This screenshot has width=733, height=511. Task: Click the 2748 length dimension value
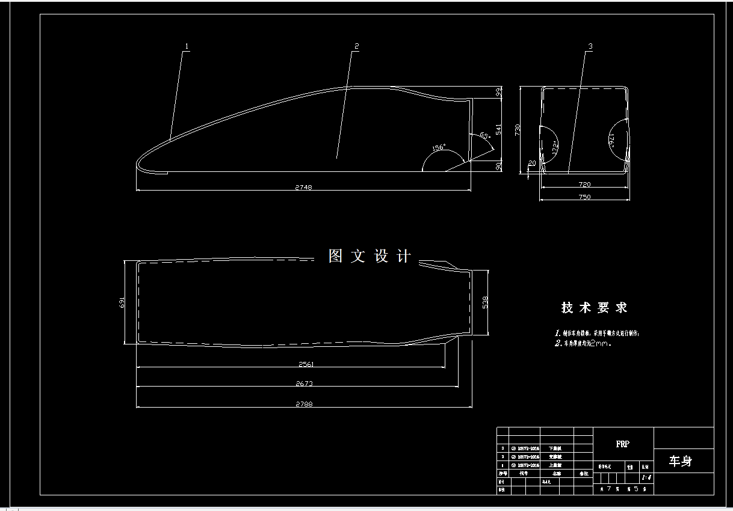click(303, 187)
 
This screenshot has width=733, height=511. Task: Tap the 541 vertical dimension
click(498, 129)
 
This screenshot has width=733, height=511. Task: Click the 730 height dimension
click(517, 131)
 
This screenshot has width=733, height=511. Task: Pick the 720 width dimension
click(584, 185)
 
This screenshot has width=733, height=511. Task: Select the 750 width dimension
click(584, 197)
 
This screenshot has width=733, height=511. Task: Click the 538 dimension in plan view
click(485, 302)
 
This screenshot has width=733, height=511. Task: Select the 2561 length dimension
click(306, 364)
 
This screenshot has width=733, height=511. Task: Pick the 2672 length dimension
click(305, 383)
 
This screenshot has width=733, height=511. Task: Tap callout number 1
click(187, 46)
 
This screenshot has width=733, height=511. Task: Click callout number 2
click(356, 46)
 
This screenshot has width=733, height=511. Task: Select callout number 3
click(590, 46)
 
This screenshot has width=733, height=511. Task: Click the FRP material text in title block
click(623, 444)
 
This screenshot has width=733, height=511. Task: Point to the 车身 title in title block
click(681, 461)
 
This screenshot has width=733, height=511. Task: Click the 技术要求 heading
click(595, 308)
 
